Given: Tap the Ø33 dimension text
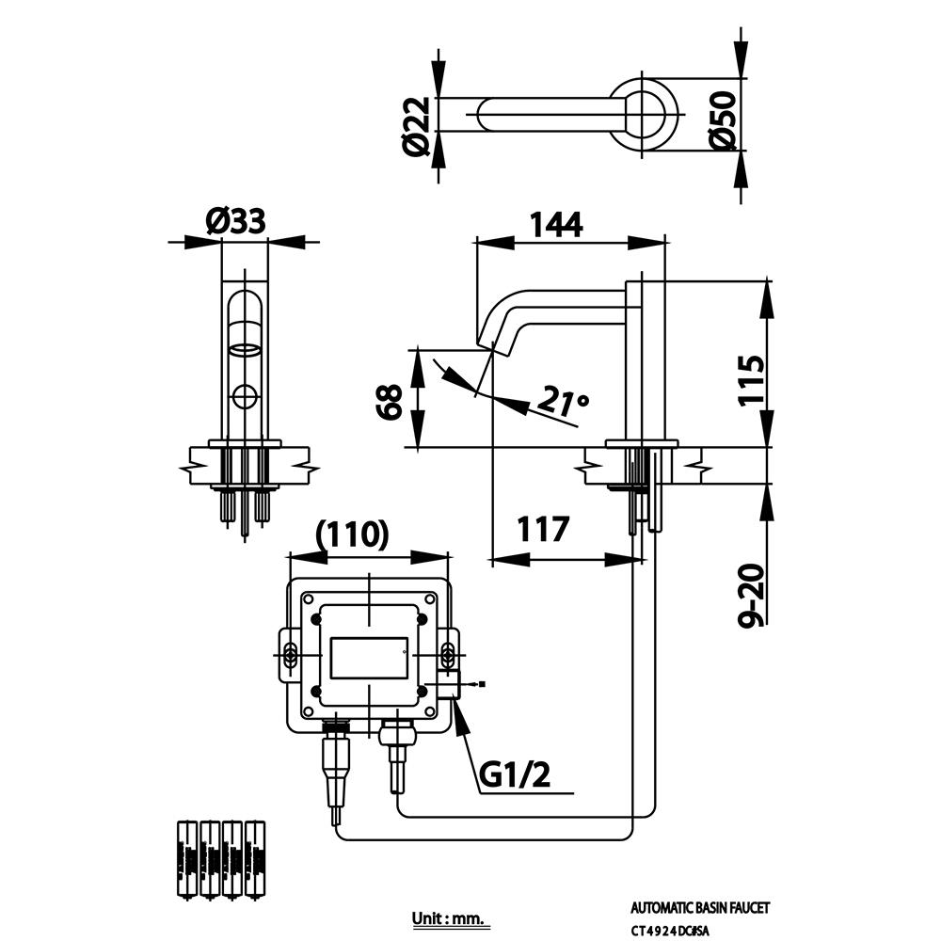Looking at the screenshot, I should (x=236, y=222).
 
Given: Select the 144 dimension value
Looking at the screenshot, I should (x=556, y=225).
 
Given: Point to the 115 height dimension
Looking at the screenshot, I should (x=750, y=379).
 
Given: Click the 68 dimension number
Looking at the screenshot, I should (x=389, y=401).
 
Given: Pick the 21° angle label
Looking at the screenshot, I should (x=563, y=402).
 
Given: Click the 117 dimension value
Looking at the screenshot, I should (x=543, y=530).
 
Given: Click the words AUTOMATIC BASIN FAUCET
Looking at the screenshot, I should (x=699, y=908).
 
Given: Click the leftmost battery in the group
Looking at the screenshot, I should (x=186, y=859).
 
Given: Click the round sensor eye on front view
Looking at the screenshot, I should (x=246, y=396).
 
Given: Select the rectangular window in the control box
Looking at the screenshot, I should (x=369, y=659).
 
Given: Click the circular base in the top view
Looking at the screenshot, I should (x=645, y=113).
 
